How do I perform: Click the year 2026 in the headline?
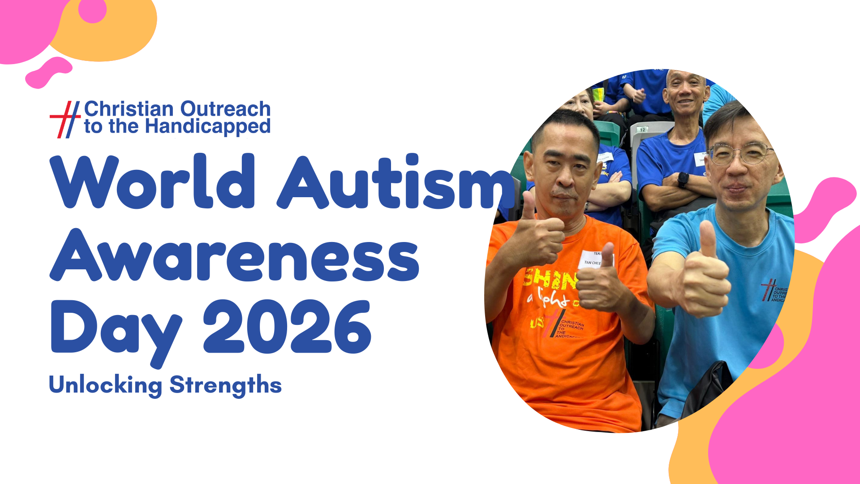point(287,327)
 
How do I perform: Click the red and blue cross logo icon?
point(65,119)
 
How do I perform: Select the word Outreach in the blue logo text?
point(225,109)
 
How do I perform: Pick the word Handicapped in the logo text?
point(208,127)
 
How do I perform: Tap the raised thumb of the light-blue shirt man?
point(707,240)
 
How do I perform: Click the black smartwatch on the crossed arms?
point(683,180)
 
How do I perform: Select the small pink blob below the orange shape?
point(48,73)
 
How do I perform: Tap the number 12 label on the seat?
point(642,130)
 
